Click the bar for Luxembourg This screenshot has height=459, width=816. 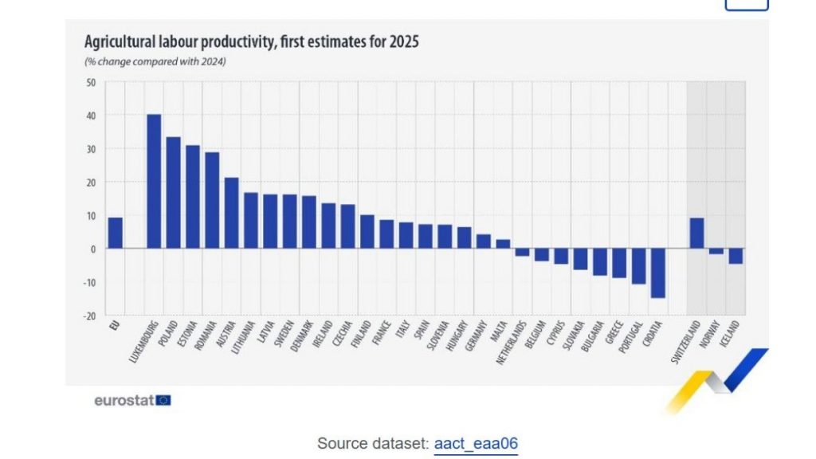pos(154,182)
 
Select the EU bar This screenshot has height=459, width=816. pos(116,233)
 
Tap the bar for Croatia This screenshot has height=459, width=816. pos(657,273)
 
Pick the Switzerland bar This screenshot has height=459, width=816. pos(696,233)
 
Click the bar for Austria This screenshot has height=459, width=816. pos(231,213)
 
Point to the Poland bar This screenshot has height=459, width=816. pos(173,193)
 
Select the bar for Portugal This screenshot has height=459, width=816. pos(638,266)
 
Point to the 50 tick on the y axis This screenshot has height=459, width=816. pos(90,82)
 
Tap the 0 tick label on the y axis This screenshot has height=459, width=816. pos(92,249)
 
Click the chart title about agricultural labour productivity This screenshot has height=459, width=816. pos(251,42)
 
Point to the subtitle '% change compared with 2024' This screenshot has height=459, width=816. pos(155,61)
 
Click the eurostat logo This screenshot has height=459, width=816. pos(124,400)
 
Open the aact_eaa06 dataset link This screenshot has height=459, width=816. pos(476,444)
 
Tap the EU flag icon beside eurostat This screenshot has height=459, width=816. pos(163,400)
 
